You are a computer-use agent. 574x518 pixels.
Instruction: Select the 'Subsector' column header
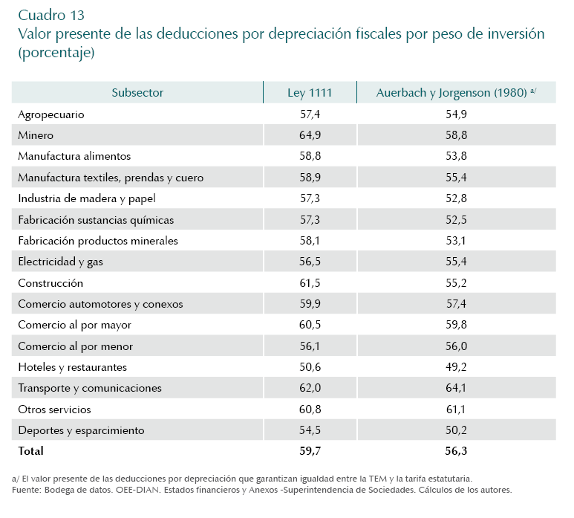[x=137, y=93]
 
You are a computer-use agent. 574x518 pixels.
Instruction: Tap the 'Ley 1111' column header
[x=310, y=93]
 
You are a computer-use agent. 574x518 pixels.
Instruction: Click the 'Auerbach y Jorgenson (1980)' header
[x=451, y=93]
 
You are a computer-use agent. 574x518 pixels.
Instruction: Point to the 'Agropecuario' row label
[x=51, y=114]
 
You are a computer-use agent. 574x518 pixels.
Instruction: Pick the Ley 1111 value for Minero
[x=310, y=135]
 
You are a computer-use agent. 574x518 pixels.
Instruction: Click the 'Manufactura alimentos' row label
[x=74, y=156]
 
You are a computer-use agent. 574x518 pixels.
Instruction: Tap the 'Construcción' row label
[x=50, y=283]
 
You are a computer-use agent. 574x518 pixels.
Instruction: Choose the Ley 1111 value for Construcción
[x=310, y=283]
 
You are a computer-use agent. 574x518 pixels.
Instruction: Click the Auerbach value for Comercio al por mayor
[x=456, y=325]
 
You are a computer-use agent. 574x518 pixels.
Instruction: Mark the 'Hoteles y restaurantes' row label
[x=72, y=367]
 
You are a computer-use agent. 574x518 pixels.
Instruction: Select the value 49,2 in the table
[x=456, y=367]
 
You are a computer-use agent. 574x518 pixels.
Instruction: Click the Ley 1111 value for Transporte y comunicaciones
[x=310, y=388]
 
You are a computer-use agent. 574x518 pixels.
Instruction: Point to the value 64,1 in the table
[x=456, y=388]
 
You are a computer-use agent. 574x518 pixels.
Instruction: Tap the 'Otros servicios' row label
[x=54, y=409]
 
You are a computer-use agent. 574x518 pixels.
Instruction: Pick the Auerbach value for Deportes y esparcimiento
[x=456, y=430]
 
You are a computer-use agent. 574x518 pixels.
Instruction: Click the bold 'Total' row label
[x=31, y=451]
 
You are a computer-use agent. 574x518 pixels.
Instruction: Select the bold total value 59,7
[x=310, y=451]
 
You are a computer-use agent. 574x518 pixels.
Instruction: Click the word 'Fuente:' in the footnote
[x=27, y=491]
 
